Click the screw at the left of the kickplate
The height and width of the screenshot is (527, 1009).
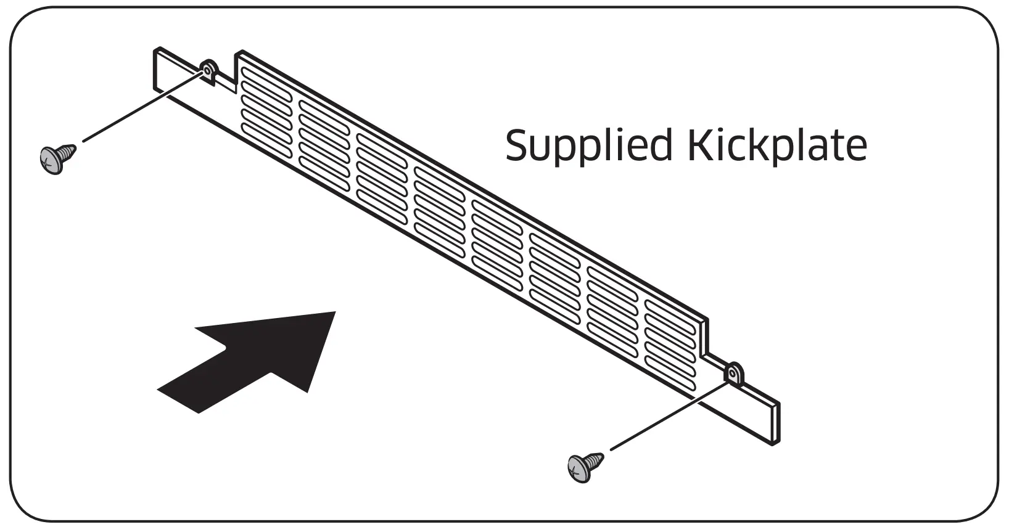point(57,157)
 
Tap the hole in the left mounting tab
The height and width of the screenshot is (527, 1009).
point(207,71)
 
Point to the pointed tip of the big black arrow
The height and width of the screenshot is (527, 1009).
point(334,313)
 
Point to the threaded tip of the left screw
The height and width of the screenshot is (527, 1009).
point(73,149)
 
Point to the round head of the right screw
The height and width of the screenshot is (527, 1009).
point(576,470)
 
